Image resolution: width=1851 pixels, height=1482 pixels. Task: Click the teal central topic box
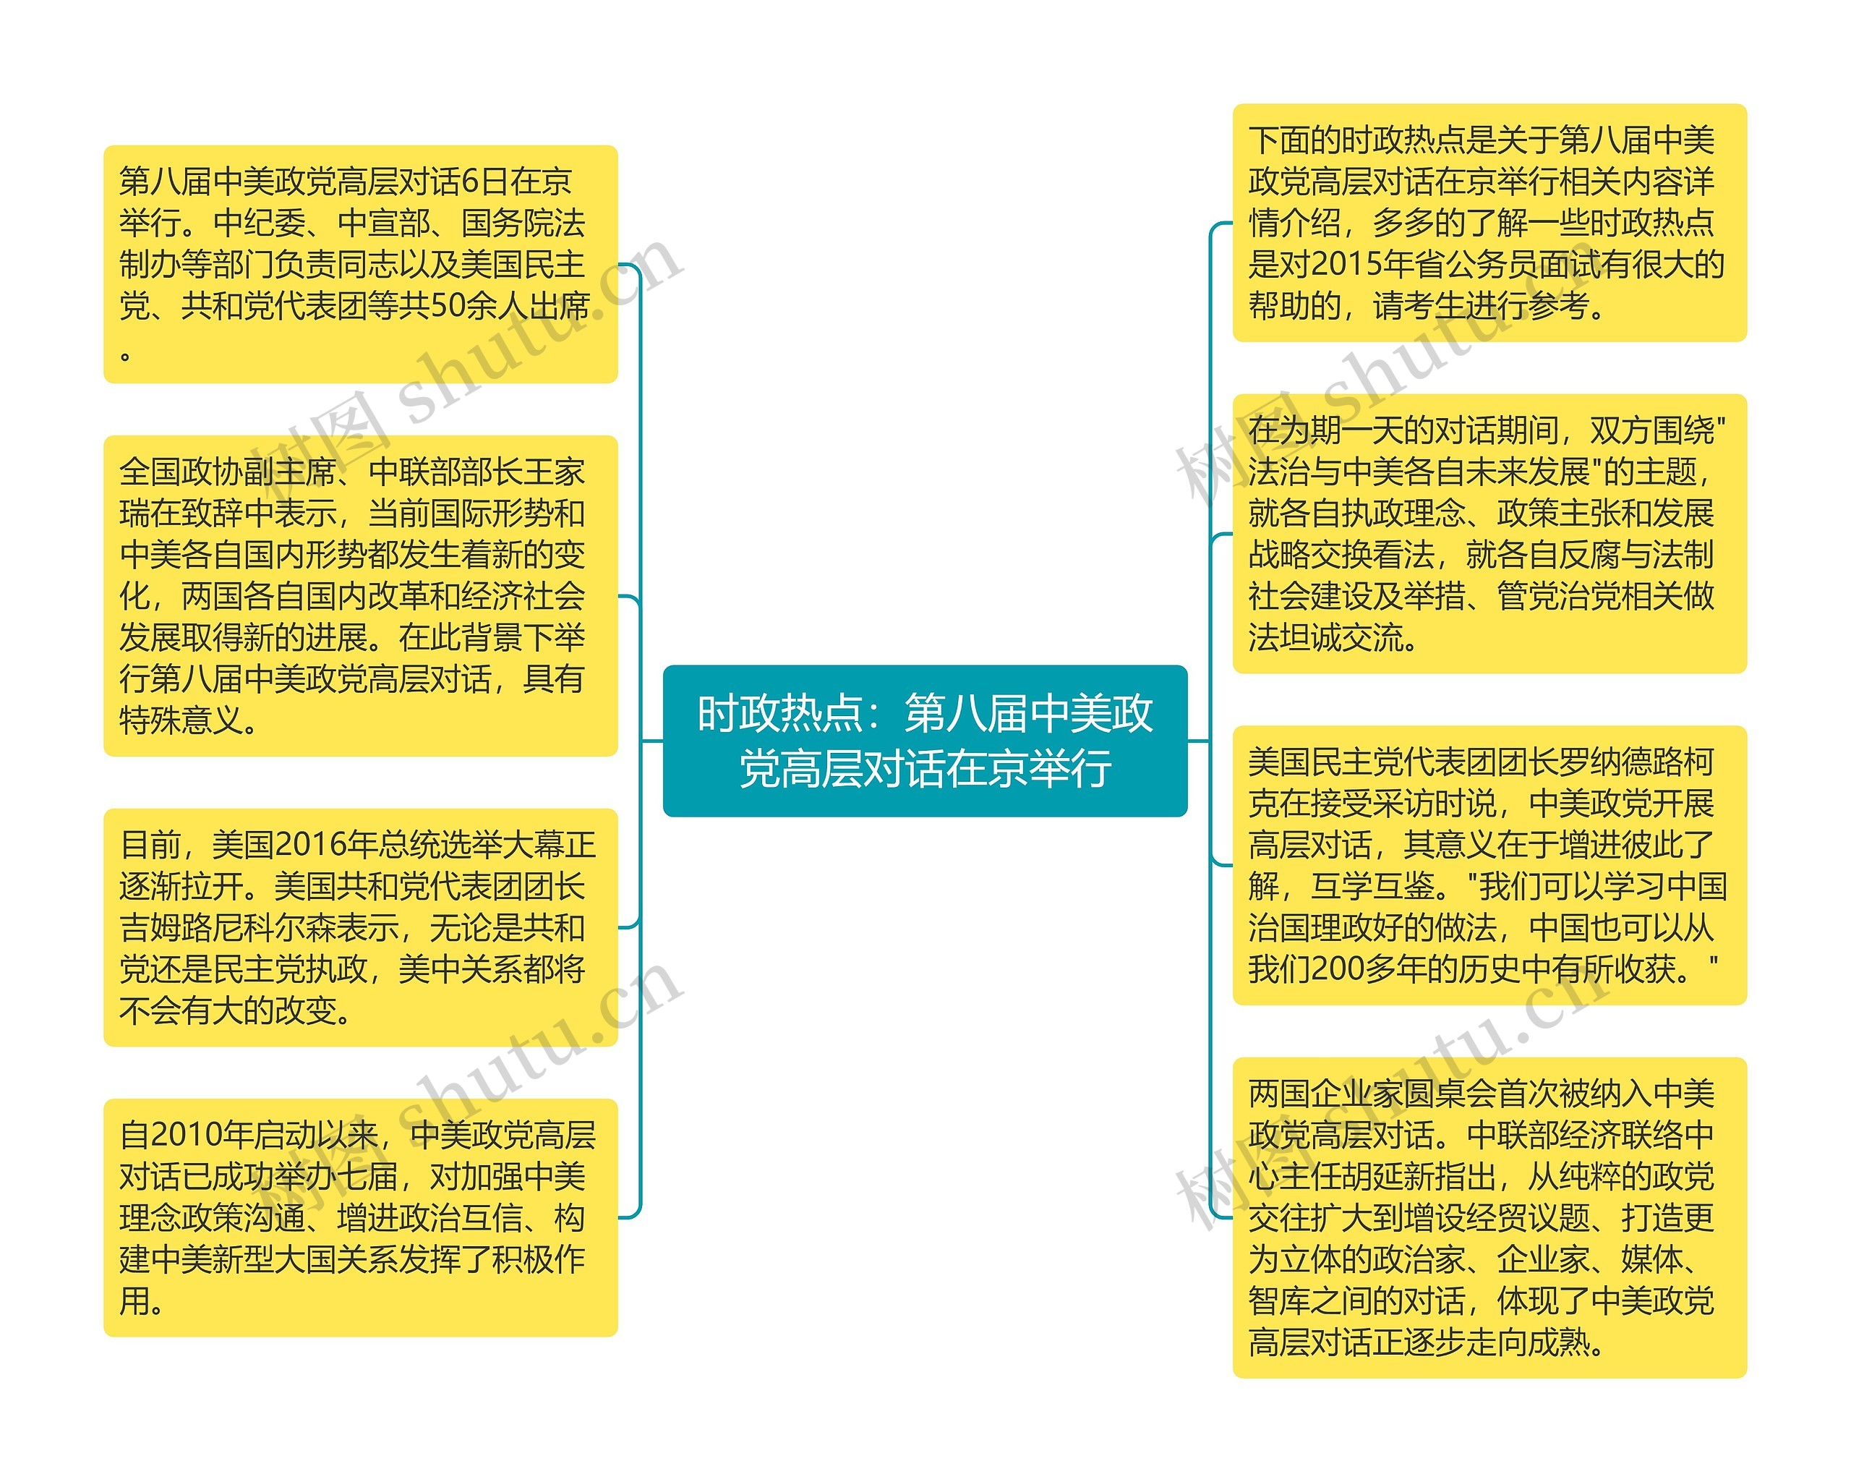tap(925, 740)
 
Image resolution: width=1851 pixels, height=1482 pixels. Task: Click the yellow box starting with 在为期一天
tap(1489, 533)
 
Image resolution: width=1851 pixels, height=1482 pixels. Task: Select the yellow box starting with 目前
tap(360, 927)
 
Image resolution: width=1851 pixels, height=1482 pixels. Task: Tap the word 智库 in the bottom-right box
tap(1279, 1302)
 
